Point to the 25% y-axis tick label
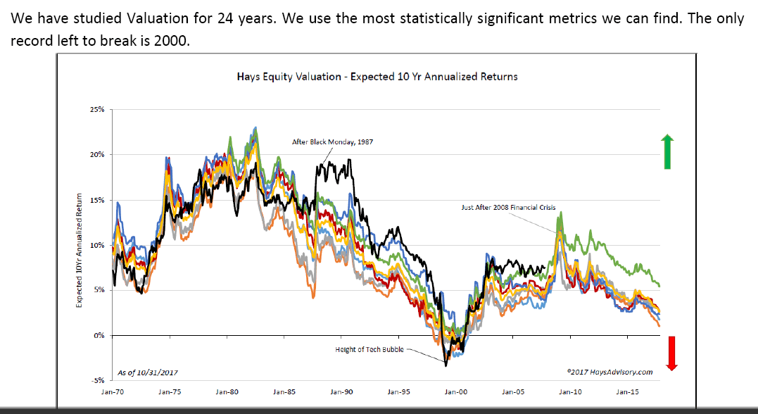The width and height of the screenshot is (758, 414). point(96,111)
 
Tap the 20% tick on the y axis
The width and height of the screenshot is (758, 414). point(96,156)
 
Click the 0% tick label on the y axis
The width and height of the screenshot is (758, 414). point(99,336)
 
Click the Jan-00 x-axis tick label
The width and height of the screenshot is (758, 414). point(456,391)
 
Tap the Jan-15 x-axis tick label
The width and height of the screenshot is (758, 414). point(628,391)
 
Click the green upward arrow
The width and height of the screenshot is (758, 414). point(667,152)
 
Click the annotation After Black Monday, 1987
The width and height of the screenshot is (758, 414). point(332,142)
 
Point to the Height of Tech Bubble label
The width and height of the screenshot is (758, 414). point(370,349)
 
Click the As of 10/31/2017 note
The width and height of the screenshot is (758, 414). point(149,372)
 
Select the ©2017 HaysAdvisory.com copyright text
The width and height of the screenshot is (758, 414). point(609,372)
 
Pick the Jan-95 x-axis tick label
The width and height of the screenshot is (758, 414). point(398,391)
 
